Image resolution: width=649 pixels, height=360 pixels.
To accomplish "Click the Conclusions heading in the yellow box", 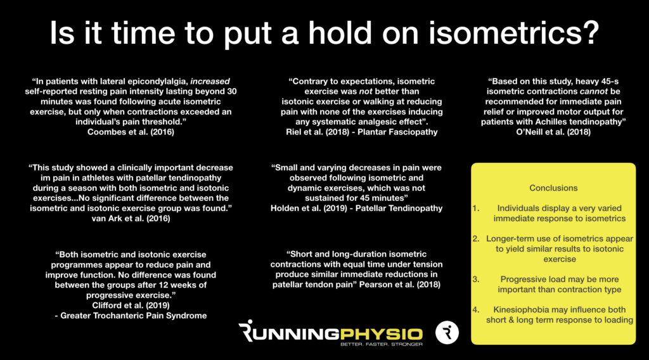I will point(553,188).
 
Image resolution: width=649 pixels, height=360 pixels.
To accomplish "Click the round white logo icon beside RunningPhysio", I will point(447,333).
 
